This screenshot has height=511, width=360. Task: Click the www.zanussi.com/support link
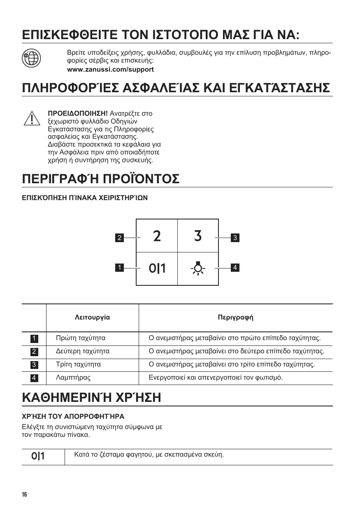pos(110,70)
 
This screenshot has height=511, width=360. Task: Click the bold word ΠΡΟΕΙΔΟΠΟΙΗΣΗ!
pos(78,113)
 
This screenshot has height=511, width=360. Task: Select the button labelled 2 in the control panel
pos(157,236)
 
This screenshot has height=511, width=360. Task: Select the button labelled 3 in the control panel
pos(198,236)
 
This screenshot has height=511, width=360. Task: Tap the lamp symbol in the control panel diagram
pos(198,268)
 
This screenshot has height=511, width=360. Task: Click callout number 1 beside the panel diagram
pos(119,268)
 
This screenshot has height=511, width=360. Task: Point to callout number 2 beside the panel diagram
pos(119,238)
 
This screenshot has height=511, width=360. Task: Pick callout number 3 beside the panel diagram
pos(235,238)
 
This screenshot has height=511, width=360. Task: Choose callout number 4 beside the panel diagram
pos(235,268)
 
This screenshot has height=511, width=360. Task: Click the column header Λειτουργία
pos(93,317)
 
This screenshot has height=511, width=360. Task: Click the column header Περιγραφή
pos(235,317)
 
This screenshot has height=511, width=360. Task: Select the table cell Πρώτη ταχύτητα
pos(81,338)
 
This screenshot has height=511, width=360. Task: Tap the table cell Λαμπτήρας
pos(73,377)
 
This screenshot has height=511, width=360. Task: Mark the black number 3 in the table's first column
pos(34,365)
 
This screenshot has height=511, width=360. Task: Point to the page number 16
pos(24,495)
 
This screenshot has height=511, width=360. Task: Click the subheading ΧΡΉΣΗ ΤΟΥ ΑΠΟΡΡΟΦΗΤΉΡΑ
pos(73,416)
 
